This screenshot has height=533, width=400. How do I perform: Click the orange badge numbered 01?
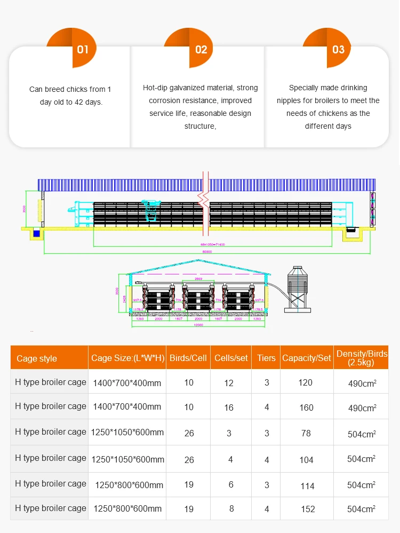click(x=82, y=49)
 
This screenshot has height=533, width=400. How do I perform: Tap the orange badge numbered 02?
click(x=201, y=49)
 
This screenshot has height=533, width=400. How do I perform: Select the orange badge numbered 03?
click(x=338, y=49)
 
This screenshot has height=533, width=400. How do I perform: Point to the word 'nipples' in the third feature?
click(x=289, y=100)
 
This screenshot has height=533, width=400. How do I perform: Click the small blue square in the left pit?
click(x=36, y=233)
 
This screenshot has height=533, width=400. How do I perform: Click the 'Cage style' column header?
click(x=37, y=358)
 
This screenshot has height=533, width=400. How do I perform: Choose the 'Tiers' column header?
click(x=266, y=358)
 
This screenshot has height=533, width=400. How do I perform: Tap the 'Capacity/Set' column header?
click(x=307, y=358)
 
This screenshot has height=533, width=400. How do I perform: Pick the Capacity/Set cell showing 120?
click(x=306, y=382)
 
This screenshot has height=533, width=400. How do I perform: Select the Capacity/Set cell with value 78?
click(x=306, y=433)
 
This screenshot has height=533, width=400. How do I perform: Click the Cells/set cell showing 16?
click(x=229, y=407)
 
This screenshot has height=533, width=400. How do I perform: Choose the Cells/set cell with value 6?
click(x=230, y=484)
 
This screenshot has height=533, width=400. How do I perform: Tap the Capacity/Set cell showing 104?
click(x=306, y=459)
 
